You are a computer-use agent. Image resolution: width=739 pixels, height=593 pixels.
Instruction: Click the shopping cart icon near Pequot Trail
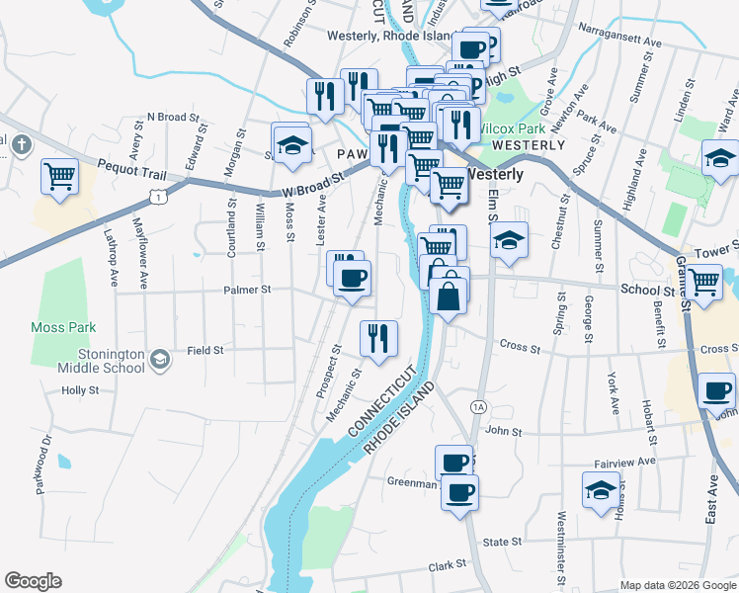pos(60,178)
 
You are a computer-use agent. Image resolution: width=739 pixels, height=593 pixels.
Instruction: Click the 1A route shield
pos(478,406)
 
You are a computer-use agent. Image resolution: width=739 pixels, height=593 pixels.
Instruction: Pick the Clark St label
pos(447,565)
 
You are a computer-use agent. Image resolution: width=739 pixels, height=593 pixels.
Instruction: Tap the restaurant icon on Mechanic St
pos(378,339)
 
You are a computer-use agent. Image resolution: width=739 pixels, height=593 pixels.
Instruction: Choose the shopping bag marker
pos(449,295)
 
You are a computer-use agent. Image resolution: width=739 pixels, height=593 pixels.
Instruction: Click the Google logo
pos(33,581)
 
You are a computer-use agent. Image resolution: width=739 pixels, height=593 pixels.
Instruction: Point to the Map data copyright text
pos(677,585)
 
